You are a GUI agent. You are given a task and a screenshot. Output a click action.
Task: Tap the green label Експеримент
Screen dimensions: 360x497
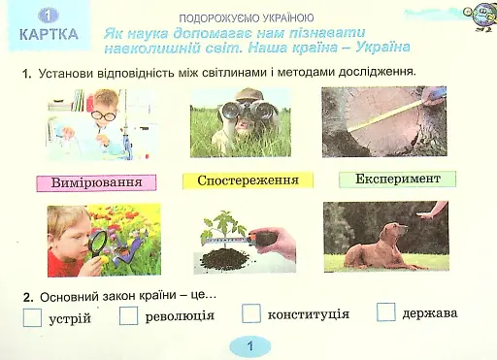click(x=397, y=180)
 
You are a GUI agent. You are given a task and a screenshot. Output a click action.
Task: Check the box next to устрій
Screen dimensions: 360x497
click(x=33, y=317)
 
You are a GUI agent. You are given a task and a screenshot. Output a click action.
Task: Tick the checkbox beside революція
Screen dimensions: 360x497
click(x=129, y=315)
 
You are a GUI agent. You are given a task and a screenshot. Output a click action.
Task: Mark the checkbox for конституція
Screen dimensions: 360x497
click(x=251, y=313)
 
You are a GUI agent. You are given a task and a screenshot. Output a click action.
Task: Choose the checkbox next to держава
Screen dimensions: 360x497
click(x=386, y=312)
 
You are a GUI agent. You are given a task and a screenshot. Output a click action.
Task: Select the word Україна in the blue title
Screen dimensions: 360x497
click(x=375, y=47)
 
